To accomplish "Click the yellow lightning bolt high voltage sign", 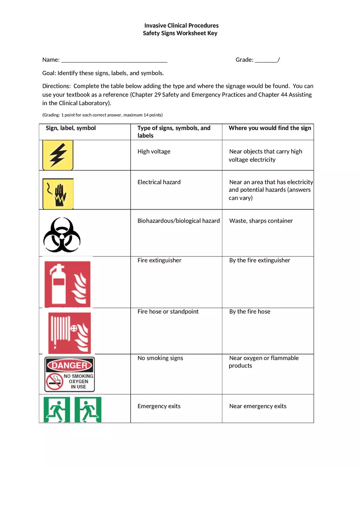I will coord(58,155).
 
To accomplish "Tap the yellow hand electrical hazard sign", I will coord(58,193).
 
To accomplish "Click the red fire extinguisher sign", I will coord(67,284).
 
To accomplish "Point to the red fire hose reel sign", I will coord(69,333).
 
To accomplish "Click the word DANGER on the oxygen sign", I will coord(70,365).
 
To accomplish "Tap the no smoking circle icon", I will coord(54,381).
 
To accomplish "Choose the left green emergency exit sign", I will coord(56,409).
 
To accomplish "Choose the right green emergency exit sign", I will coord(88,409).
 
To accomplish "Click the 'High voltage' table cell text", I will coord(154,151).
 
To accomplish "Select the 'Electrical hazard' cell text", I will coord(159,182).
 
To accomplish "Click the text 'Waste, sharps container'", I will coord(261,221).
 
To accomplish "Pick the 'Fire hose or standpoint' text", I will coord(168,312).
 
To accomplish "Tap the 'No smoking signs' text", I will coord(160,358).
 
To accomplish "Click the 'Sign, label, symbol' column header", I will coord(71,128).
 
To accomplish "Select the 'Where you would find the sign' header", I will coord(270,128).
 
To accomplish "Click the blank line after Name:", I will coord(114,61).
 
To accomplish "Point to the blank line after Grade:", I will coord(266,61).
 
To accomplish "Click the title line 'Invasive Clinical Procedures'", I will coord(181,25).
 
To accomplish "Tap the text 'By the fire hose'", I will coord(250,312).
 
